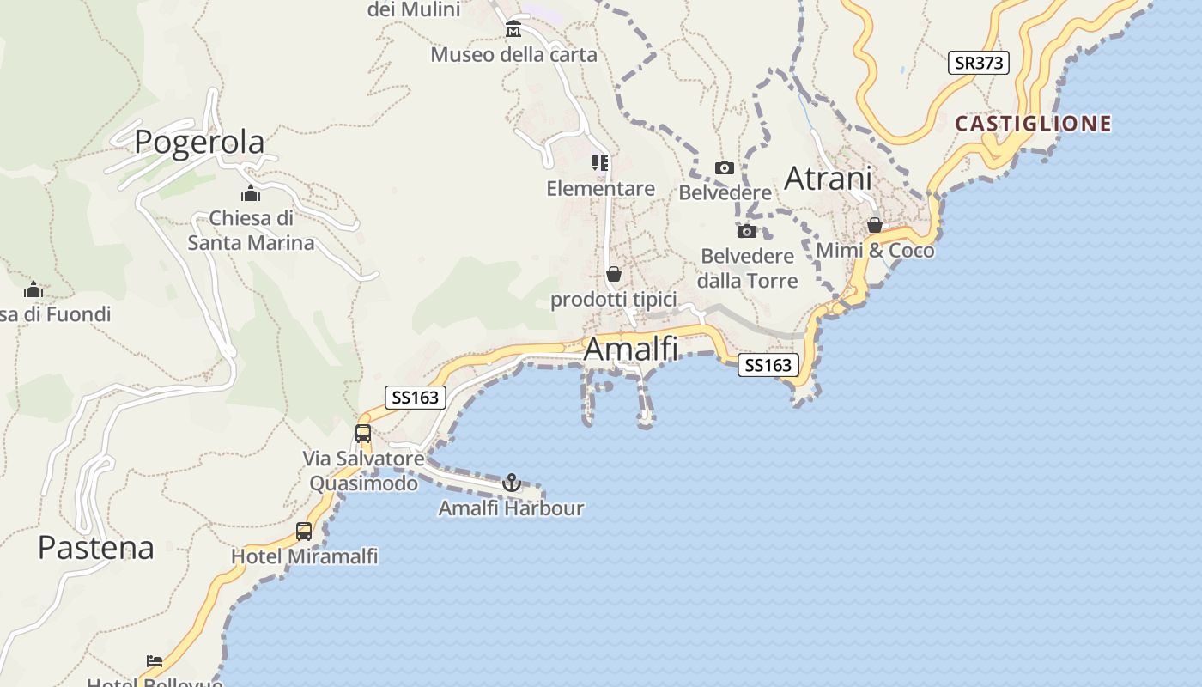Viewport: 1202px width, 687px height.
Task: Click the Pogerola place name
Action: pos(199,142)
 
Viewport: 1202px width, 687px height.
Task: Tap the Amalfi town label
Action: pos(630,350)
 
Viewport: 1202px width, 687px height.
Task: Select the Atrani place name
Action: pos(828,179)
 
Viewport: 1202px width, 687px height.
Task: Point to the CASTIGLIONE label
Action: pos(1033,124)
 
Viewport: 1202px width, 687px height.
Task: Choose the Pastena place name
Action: pos(95,548)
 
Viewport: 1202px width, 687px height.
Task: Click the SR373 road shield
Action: pos(978,63)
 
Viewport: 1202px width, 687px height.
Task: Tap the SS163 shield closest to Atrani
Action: pos(768,365)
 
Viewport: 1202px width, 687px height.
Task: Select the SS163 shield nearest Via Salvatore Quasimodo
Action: pos(416,397)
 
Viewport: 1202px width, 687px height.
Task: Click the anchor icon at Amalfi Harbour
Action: pos(512,483)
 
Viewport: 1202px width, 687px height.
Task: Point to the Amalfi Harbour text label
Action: pos(511,508)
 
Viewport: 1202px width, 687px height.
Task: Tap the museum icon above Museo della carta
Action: pos(513,30)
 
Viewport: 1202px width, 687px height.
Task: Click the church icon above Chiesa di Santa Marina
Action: pos(251,193)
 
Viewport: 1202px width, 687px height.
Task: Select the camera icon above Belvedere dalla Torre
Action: pos(747,231)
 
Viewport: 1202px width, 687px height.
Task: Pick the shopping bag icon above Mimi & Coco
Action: pos(875,226)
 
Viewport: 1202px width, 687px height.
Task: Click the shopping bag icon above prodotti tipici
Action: pos(614,275)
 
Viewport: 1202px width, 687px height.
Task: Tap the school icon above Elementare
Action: pos(600,162)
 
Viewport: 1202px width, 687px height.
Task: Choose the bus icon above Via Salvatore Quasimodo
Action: pos(363,434)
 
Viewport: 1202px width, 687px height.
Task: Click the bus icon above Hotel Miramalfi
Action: pos(304,532)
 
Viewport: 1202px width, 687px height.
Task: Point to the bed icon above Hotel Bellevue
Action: pos(155,660)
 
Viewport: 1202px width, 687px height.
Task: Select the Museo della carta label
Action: pos(513,55)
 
